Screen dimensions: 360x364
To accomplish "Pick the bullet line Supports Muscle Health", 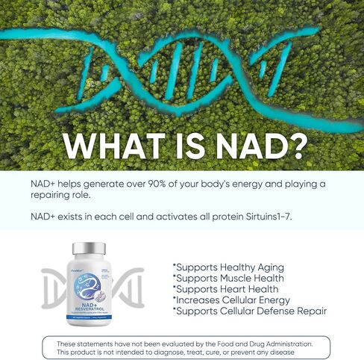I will point(229,278).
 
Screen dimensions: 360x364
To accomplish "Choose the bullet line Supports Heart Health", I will point(225,288).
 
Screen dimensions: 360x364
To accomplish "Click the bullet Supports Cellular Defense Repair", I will point(249,311).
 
